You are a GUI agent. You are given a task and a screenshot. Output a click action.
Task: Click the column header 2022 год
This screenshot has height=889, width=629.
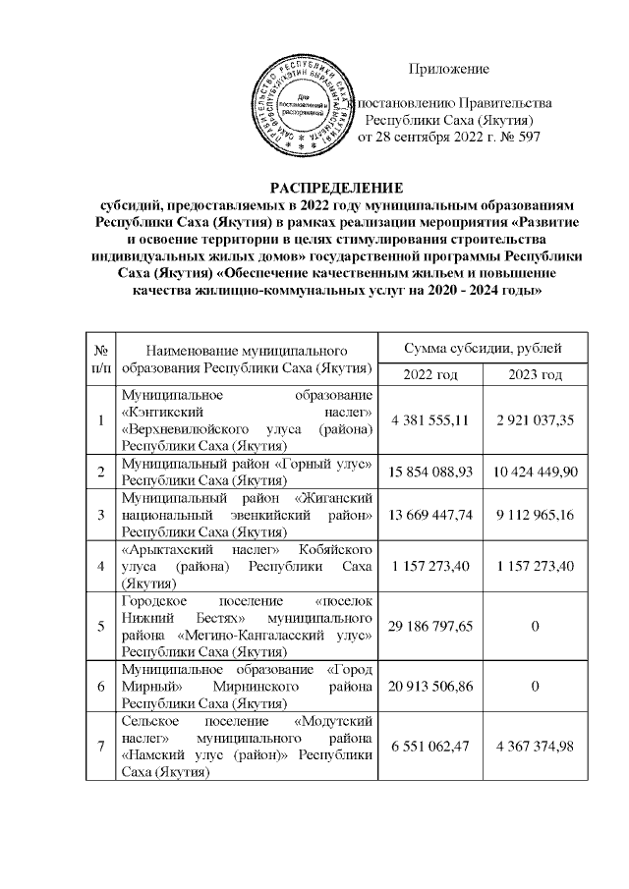431,375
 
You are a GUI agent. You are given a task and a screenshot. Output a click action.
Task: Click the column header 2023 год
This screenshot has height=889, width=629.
535,375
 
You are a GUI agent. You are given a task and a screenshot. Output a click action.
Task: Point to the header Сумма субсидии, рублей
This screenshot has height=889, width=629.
483,349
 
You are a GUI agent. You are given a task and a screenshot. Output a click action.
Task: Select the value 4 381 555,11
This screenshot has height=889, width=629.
431,419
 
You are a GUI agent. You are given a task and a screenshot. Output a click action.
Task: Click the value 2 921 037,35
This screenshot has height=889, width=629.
535,419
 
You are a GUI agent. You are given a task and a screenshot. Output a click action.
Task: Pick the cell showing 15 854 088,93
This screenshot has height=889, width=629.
431,472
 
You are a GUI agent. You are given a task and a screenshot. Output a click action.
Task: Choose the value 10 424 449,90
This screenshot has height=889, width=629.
535,472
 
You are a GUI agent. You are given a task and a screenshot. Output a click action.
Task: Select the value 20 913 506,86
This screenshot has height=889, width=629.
431,686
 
